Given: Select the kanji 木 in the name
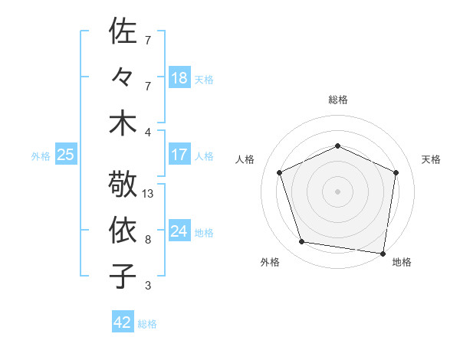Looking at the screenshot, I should pyautogui.click(x=123, y=123).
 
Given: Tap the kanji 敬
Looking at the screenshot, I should pyautogui.click(x=123, y=184).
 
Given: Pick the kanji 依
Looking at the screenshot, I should pyautogui.click(x=123, y=230).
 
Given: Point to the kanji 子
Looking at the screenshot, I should pyautogui.click(x=123, y=276).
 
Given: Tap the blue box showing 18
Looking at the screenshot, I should pyautogui.click(x=179, y=78).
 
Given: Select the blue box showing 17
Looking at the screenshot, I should pyautogui.click(x=179, y=155).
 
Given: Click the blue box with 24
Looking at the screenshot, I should pyautogui.click(x=179, y=231).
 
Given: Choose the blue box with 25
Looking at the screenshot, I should pyautogui.click(x=65, y=155).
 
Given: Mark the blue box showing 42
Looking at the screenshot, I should pyautogui.click(x=123, y=322).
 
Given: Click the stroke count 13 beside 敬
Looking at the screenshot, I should pyautogui.click(x=148, y=194).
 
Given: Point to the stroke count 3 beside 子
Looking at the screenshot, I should pyautogui.click(x=148, y=286).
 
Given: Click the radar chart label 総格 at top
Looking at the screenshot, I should pyautogui.click(x=338, y=100).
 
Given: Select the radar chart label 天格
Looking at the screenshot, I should pyautogui.click(x=432, y=159).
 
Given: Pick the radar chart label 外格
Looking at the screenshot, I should pyautogui.click(x=270, y=263).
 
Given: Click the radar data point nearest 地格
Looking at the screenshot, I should pyautogui.click(x=383, y=252).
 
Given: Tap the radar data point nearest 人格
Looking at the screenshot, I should pyautogui.click(x=281, y=172).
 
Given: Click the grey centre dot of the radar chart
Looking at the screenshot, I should pyautogui.click(x=338, y=191).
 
